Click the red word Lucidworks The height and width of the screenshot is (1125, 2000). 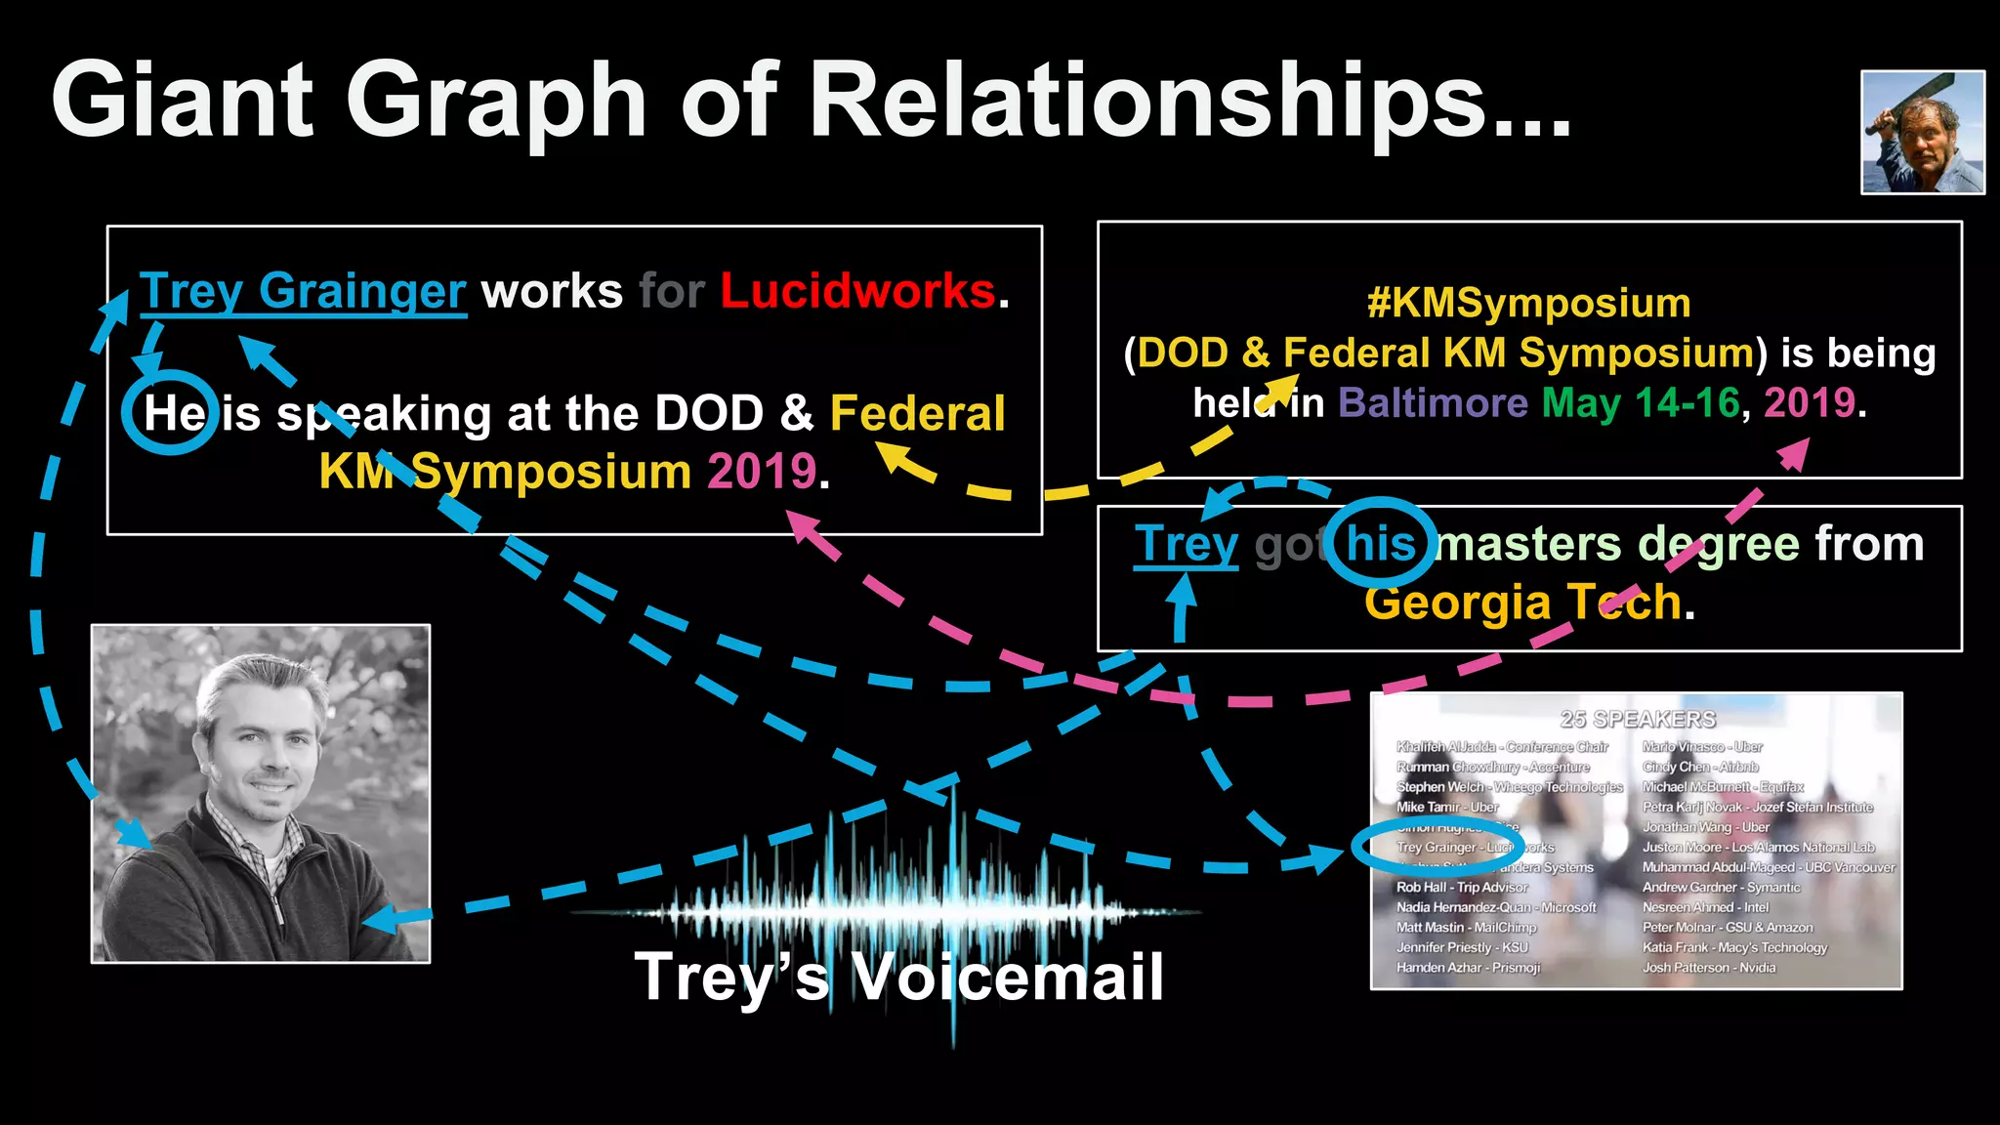click(857, 291)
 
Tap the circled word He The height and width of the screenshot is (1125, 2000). click(173, 413)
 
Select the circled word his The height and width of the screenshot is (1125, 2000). click(1380, 543)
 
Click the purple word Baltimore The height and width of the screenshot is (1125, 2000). click(1432, 402)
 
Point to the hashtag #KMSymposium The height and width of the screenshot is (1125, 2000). click(1528, 303)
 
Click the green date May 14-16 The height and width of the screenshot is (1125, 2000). click(1641, 402)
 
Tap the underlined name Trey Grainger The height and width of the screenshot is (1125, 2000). click(303, 291)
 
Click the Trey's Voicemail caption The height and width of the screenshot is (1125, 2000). click(898, 977)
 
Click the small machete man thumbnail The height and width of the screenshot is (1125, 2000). click(1922, 132)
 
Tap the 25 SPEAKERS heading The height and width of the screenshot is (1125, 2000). click(1638, 720)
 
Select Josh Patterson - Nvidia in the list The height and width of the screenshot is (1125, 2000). click(1709, 968)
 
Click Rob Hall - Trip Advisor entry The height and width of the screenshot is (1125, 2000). click(1462, 888)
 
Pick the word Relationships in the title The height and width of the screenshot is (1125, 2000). click(1191, 100)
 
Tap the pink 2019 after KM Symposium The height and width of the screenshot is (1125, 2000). click(762, 472)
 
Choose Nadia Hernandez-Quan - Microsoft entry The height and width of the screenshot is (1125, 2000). click(1495, 907)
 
